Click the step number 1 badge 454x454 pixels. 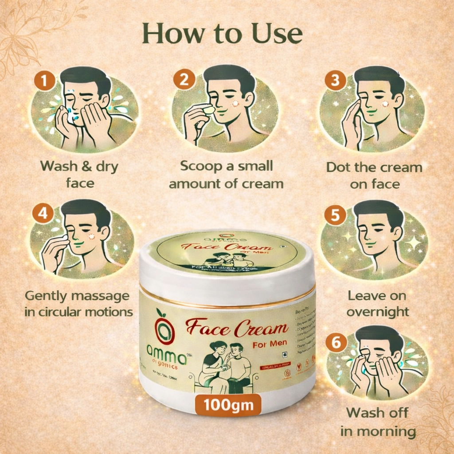click(44, 81)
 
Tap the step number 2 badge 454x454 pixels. click(184, 80)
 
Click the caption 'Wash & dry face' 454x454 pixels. click(79, 174)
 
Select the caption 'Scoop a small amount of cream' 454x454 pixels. click(226, 175)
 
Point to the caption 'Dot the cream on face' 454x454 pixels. click(374, 175)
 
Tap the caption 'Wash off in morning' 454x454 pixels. click(378, 422)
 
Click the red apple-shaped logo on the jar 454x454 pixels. click(164, 326)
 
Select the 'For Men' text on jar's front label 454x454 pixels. click(270, 343)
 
